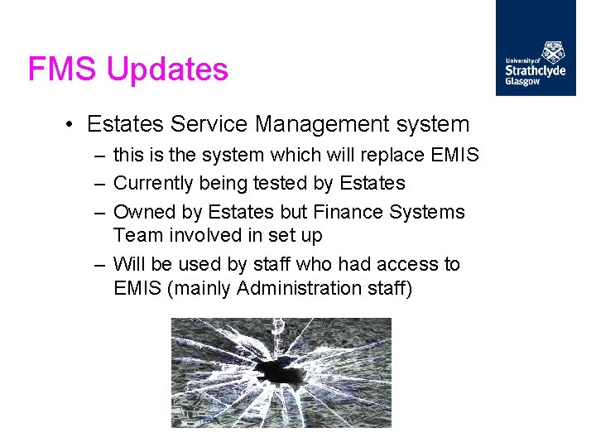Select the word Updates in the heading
click(x=168, y=70)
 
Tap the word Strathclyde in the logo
click(x=536, y=71)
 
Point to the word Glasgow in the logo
click(x=522, y=82)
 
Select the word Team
click(x=138, y=236)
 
